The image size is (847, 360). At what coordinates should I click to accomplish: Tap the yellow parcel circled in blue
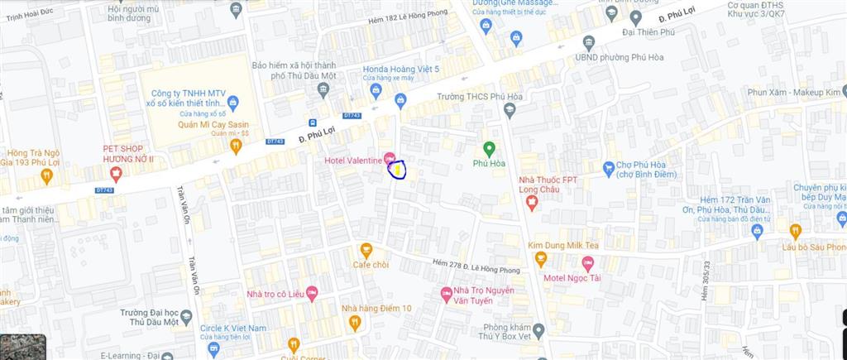398,170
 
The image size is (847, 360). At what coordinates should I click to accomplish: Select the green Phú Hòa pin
489,149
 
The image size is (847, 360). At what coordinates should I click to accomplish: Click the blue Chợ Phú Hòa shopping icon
609,168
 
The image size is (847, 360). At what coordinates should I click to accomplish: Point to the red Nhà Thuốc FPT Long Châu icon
533,201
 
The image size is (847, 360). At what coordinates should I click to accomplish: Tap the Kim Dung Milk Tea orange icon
541,259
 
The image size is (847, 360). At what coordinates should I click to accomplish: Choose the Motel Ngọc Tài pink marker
588,264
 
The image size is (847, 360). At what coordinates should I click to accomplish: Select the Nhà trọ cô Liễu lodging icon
312,293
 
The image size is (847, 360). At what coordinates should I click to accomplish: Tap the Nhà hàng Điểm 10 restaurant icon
355,323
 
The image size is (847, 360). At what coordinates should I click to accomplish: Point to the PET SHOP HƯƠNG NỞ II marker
116,173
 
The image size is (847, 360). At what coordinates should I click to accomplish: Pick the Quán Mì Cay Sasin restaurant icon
236,146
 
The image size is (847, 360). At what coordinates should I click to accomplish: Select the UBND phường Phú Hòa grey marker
589,43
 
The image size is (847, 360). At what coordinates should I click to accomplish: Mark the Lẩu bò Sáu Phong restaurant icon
796,231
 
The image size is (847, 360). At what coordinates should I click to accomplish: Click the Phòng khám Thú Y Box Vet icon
538,331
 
